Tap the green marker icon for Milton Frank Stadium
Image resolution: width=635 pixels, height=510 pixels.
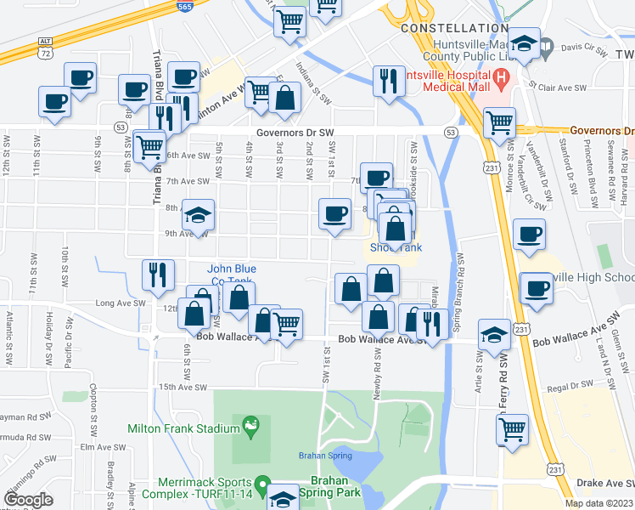point(250,423)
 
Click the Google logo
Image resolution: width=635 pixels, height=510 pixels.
point(29,500)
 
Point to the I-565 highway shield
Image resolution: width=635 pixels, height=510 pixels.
point(185,6)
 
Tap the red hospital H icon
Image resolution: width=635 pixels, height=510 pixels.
point(501,81)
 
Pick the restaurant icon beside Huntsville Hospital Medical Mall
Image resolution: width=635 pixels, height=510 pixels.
point(389,82)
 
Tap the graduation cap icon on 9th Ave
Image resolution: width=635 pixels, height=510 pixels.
point(199,216)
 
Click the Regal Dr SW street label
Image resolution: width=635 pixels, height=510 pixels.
point(570,385)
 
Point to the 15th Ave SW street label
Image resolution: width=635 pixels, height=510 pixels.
point(183,387)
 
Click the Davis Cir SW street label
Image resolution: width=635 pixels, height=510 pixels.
point(585,48)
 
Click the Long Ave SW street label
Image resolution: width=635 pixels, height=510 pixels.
point(116,303)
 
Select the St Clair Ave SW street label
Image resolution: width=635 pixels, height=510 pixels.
point(559,87)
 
